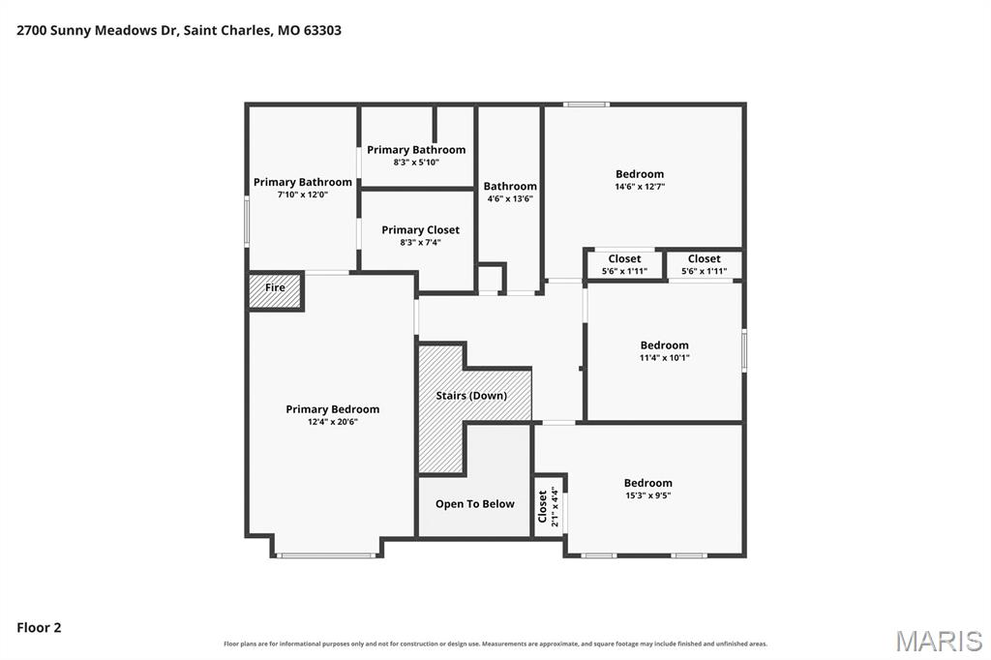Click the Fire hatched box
point(276,290)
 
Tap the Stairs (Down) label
point(471,396)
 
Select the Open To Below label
point(474,504)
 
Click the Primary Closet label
point(420,230)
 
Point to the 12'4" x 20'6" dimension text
point(333,422)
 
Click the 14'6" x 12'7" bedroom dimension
point(640,187)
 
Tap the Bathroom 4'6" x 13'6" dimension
point(510,198)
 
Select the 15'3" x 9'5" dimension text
point(647,495)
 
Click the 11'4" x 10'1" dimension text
point(664,358)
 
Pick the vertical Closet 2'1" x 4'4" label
point(548,506)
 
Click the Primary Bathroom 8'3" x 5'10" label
point(416,156)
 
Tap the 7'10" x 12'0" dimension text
point(303,195)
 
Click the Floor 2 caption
point(39,628)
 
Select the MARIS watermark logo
point(939,641)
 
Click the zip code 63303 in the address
point(322,30)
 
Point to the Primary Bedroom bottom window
point(327,555)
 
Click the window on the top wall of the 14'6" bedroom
point(586,105)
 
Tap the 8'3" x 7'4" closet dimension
point(420,242)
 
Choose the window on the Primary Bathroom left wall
point(247,220)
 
